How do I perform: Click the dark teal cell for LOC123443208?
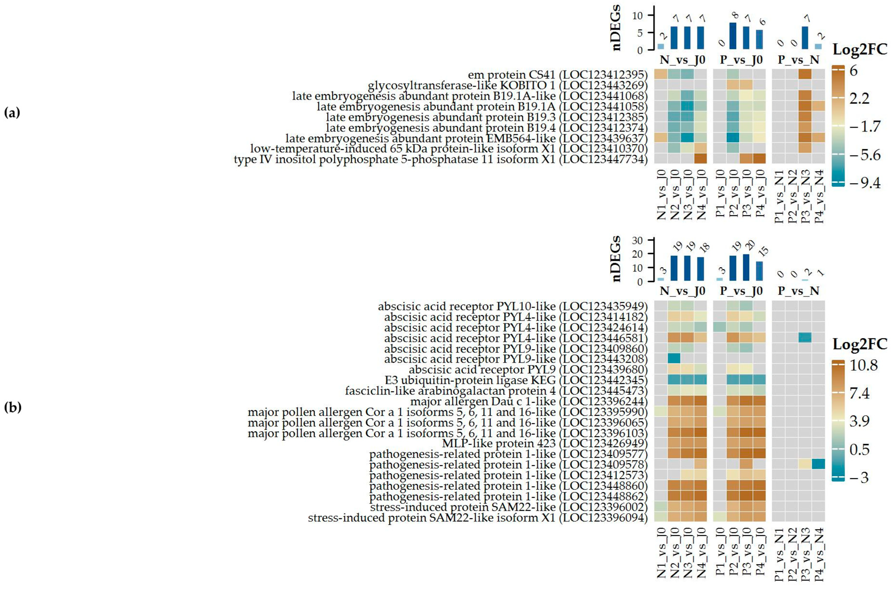tap(675, 359)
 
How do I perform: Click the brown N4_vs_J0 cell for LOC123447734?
tap(700, 159)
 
